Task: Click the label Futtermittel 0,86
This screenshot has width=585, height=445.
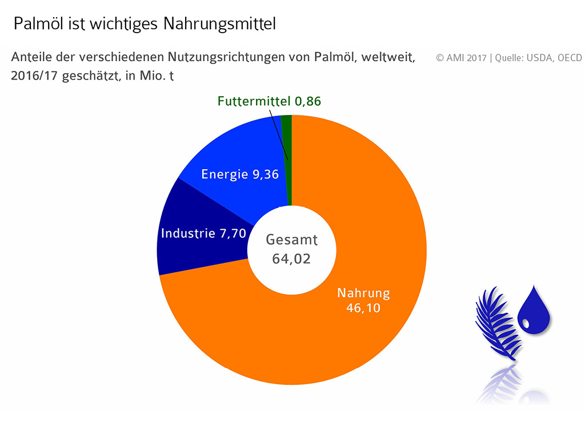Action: [269, 102]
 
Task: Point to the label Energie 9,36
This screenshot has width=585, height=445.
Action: [240, 174]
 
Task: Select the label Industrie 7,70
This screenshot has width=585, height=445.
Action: [203, 233]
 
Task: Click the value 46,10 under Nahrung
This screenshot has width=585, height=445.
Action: [363, 308]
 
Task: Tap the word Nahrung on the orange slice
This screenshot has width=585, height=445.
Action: [363, 293]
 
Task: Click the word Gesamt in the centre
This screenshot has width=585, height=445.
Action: [291, 240]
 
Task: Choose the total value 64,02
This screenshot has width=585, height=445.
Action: [291, 259]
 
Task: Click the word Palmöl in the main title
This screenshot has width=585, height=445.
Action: [35, 24]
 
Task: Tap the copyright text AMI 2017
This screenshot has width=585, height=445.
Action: [461, 58]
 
